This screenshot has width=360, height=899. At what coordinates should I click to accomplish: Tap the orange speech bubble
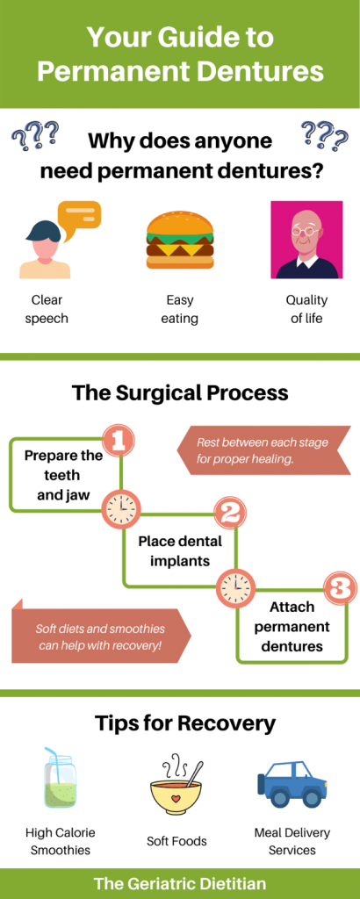tap(79, 216)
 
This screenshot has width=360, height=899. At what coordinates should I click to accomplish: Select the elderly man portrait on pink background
tap(306, 240)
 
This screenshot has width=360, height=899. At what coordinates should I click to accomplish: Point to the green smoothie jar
tap(59, 782)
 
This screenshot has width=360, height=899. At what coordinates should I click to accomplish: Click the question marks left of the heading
tap(35, 136)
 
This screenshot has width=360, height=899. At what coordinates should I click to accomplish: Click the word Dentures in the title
tap(263, 71)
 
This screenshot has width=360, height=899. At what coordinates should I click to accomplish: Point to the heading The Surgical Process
tap(180, 392)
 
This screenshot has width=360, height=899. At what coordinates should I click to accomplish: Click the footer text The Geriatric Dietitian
tap(180, 883)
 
